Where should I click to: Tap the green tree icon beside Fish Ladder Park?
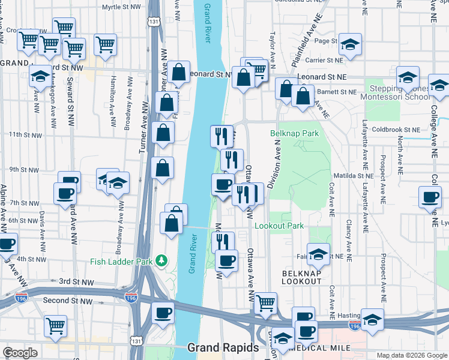point(161,261)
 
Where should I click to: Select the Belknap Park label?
point(294,133)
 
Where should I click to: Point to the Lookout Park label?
point(279,226)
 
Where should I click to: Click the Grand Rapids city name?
point(223,348)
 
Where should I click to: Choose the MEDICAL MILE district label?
point(319,348)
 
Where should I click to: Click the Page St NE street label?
point(327,41)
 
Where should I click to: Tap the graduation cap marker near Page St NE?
point(350,44)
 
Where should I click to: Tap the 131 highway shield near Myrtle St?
point(155,22)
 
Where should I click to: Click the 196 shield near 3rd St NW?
point(131,297)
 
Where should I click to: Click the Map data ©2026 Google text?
point(412,355)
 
